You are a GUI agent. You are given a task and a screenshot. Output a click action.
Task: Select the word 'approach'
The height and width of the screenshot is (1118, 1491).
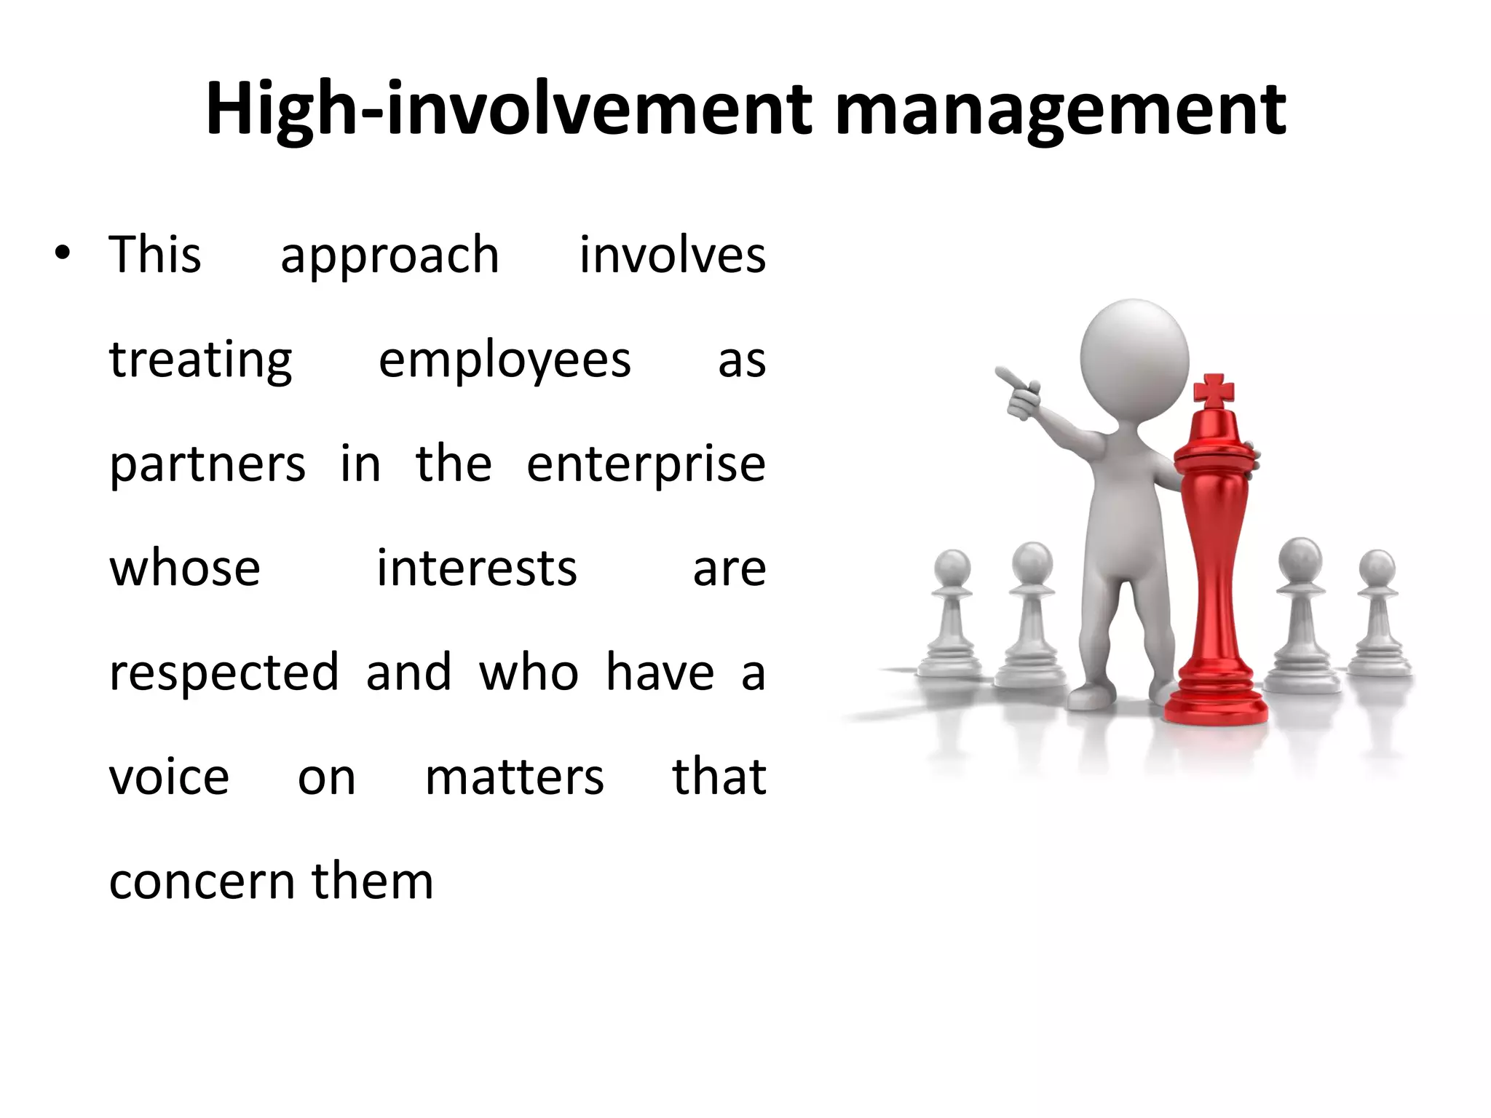coord(389,256)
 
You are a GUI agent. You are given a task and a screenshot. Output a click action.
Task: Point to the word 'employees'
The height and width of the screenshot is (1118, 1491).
coord(505,361)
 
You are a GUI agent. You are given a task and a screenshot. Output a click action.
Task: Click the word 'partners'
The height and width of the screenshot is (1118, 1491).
coord(207,465)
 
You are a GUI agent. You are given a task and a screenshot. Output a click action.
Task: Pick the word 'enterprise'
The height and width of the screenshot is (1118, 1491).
coord(646,465)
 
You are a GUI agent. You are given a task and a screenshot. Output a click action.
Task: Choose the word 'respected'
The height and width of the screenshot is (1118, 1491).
coord(224,673)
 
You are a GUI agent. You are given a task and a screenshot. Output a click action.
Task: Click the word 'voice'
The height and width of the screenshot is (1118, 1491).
coord(169,777)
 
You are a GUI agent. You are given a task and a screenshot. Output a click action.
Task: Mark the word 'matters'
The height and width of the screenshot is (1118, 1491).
coord(514,777)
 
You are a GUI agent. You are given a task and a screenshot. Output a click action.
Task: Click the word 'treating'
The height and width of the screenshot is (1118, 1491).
coord(201,361)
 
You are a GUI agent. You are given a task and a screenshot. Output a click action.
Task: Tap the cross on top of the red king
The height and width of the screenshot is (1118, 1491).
coord(1214,392)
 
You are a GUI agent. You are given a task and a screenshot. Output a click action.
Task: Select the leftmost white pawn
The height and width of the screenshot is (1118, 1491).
coord(952,619)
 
